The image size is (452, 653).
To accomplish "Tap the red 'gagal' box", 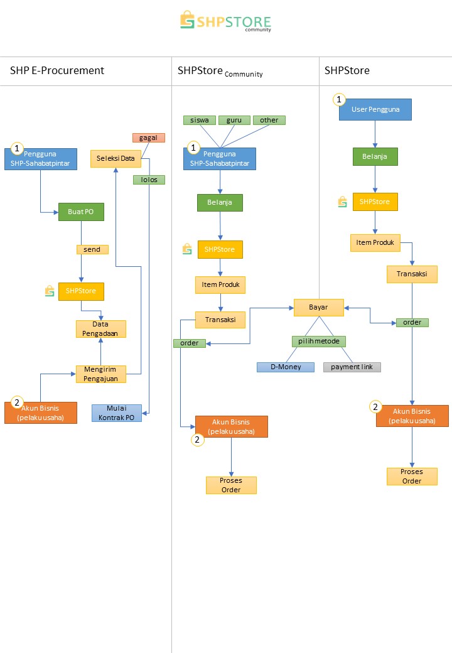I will [149, 138].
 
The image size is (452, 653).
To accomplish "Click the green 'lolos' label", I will [149, 180].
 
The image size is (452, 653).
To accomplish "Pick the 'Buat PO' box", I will [81, 212].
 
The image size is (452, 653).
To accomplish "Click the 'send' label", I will [92, 249].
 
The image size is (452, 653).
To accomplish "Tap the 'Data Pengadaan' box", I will [100, 329].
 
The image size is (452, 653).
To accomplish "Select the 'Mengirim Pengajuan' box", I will [100, 374].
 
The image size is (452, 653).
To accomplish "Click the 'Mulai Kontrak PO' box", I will [117, 413].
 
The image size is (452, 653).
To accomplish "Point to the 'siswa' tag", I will [200, 120].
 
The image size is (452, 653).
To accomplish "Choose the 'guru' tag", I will [235, 120].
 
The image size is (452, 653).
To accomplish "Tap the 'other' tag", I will [269, 120].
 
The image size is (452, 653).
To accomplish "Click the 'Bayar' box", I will [318, 308].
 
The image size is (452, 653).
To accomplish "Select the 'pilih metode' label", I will [319, 342].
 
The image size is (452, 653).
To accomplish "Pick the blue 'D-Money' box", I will [285, 367].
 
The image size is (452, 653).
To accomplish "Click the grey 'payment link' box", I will [352, 367].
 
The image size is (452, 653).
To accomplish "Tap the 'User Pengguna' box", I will [375, 109].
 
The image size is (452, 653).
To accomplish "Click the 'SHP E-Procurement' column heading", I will [57, 70].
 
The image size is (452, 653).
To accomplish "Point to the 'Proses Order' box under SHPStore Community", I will [231, 485].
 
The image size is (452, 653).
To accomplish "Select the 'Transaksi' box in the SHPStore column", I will [412, 274].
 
